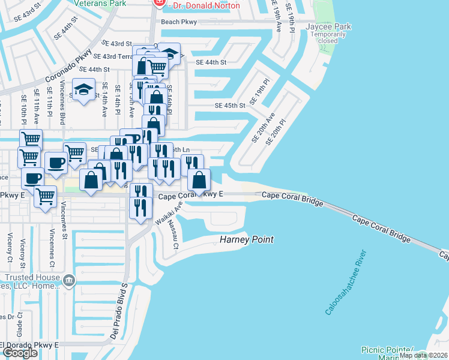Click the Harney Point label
(246, 239)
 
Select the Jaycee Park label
(328, 26)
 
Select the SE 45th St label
(231, 106)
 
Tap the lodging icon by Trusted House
(69, 279)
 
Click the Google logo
(20, 353)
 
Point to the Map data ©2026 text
(423, 355)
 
